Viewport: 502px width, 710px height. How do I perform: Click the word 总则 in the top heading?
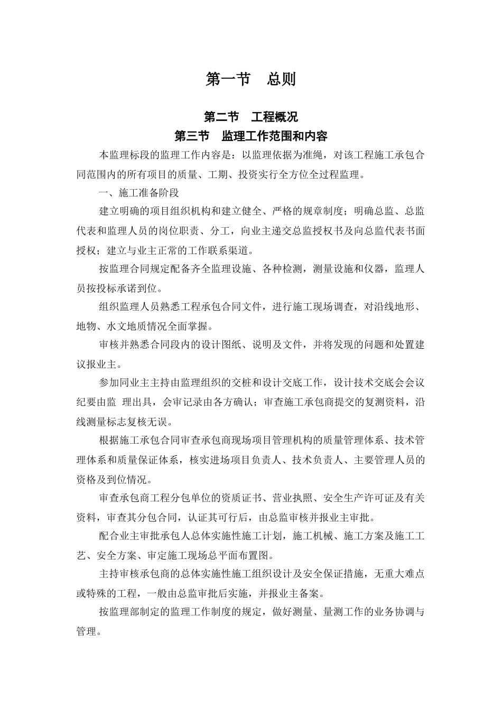click(281, 79)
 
